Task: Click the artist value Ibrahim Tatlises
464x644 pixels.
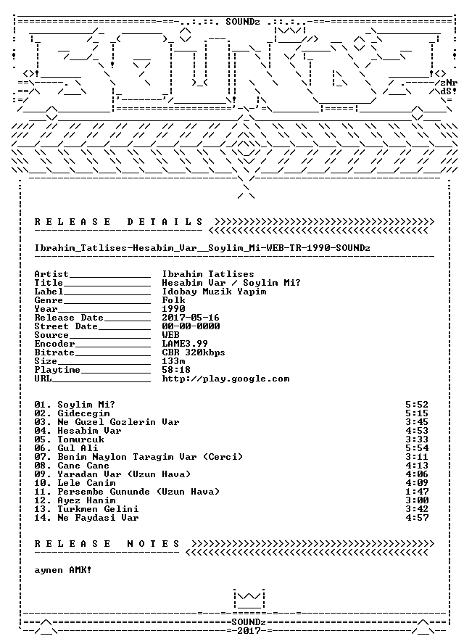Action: point(208,274)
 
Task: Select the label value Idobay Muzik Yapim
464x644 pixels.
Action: point(214,292)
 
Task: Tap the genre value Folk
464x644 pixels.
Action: point(174,300)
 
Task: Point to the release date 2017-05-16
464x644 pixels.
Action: point(191,318)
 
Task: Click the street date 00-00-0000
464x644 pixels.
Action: point(191,326)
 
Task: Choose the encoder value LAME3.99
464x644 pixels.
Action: point(185,343)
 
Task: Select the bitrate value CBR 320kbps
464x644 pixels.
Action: point(194,352)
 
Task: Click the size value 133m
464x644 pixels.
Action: point(174,361)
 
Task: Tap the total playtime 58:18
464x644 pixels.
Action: point(176,370)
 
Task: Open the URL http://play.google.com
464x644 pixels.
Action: point(226,379)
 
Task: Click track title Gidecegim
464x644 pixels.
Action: point(83,413)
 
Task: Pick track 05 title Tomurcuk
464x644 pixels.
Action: point(80,439)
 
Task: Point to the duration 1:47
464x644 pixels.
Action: point(417,492)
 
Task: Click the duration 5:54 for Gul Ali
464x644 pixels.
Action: point(417,448)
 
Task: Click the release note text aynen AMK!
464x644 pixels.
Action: point(63,570)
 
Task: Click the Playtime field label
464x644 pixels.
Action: point(57,370)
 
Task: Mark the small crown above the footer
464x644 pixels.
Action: point(249,598)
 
